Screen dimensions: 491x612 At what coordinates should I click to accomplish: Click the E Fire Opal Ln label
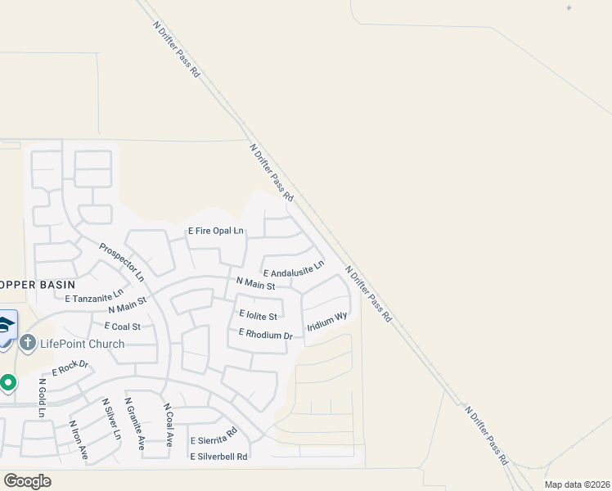click(216, 232)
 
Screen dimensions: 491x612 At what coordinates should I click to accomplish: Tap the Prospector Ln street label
click(122, 261)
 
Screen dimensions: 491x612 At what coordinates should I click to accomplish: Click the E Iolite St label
click(259, 315)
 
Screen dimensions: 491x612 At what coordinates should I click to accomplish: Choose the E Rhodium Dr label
click(266, 334)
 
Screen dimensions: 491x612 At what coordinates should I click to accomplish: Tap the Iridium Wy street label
click(328, 322)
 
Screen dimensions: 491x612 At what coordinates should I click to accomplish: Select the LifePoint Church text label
click(82, 344)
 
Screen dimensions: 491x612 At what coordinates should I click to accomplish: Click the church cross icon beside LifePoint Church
click(27, 344)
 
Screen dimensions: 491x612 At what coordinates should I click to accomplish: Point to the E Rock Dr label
click(70, 368)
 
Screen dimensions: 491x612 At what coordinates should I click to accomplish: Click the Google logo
click(27, 481)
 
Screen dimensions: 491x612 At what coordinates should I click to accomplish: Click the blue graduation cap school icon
click(6, 326)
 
